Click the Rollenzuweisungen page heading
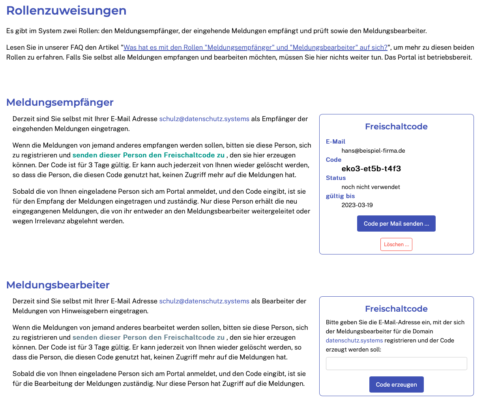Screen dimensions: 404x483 point(66,11)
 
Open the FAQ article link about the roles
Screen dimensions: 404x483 point(255,47)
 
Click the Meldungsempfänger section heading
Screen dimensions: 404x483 point(60,102)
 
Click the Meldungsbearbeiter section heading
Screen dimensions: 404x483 point(58,285)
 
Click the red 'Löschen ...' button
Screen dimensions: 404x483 point(396,245)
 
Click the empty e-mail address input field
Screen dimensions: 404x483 point(396,363)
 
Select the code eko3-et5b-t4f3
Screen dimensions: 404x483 point(371,169)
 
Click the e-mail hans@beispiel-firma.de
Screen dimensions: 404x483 point(373,151)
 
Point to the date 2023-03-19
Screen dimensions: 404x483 point(357,205)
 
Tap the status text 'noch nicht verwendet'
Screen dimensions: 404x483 point(371,187)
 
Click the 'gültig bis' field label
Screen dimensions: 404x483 point(340,196)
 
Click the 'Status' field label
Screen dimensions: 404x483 point(336,178)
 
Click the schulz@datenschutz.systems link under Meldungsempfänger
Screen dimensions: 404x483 point(204,119)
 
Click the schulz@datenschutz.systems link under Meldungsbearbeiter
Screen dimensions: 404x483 point(204,301)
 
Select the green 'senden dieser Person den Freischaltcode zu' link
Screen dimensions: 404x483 point(148,155)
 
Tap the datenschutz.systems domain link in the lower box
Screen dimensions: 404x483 point(354,340)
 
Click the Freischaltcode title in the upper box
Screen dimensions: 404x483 point(396,127)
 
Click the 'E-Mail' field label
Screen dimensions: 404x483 point(335,142)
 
